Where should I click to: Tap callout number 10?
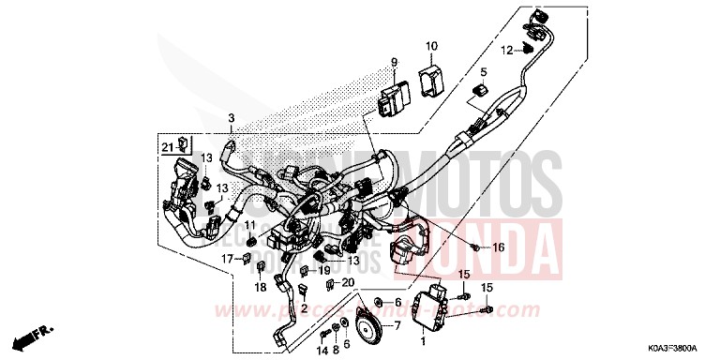point(432,46)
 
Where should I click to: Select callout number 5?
point(485,71)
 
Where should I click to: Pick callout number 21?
point(165,146)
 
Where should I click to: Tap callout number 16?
point(498,247)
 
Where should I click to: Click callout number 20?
point(348,282)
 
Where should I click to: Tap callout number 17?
point(225,258)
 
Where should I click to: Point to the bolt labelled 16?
point(476,247)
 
